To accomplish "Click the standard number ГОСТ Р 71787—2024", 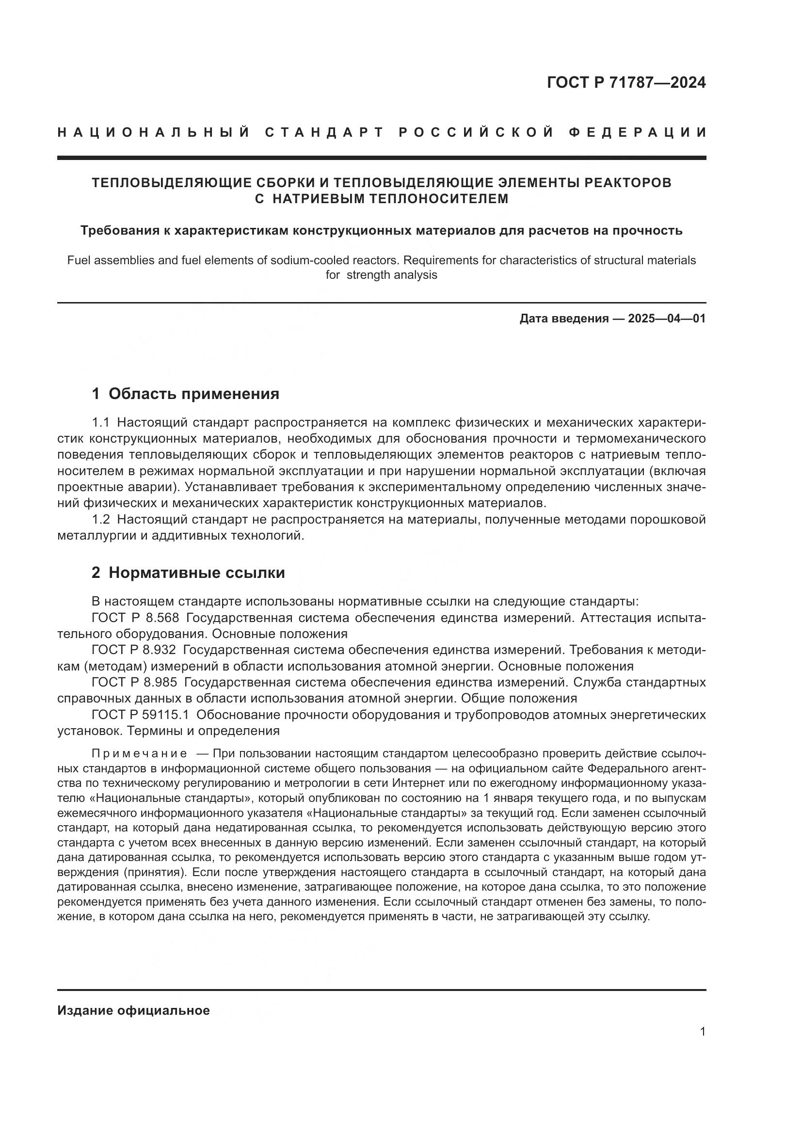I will (x=626, y=83).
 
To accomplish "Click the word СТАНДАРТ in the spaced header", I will (x=325, y=132).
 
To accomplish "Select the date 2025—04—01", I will (x=667, y=319).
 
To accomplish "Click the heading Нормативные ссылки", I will (x=196, y=573).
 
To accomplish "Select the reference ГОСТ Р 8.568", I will (x=135, y=618).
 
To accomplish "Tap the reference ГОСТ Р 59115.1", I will (x=140, y=715).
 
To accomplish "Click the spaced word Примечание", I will (x=139, y=754).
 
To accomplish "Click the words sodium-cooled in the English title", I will (x=306, y=260).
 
